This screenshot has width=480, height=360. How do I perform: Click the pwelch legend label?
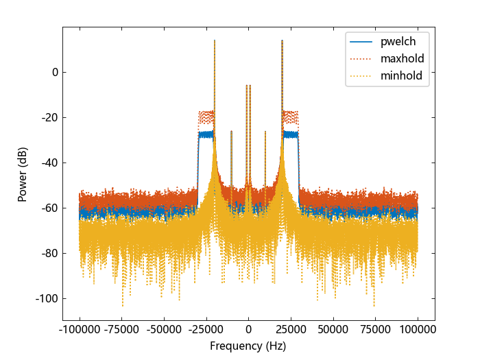[398, 40]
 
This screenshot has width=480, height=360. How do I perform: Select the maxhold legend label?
[403, 58]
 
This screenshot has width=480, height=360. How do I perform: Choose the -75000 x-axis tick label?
[121, 330]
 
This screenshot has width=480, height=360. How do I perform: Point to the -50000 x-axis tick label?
[164, 330]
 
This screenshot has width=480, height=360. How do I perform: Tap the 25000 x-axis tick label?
[291, 330]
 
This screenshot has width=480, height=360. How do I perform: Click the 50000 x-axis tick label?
[333, 330]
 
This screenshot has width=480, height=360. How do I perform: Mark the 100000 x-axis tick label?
[418, 330]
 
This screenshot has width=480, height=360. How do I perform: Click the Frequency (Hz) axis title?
[248, 346]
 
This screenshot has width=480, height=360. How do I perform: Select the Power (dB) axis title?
[23, 175]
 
